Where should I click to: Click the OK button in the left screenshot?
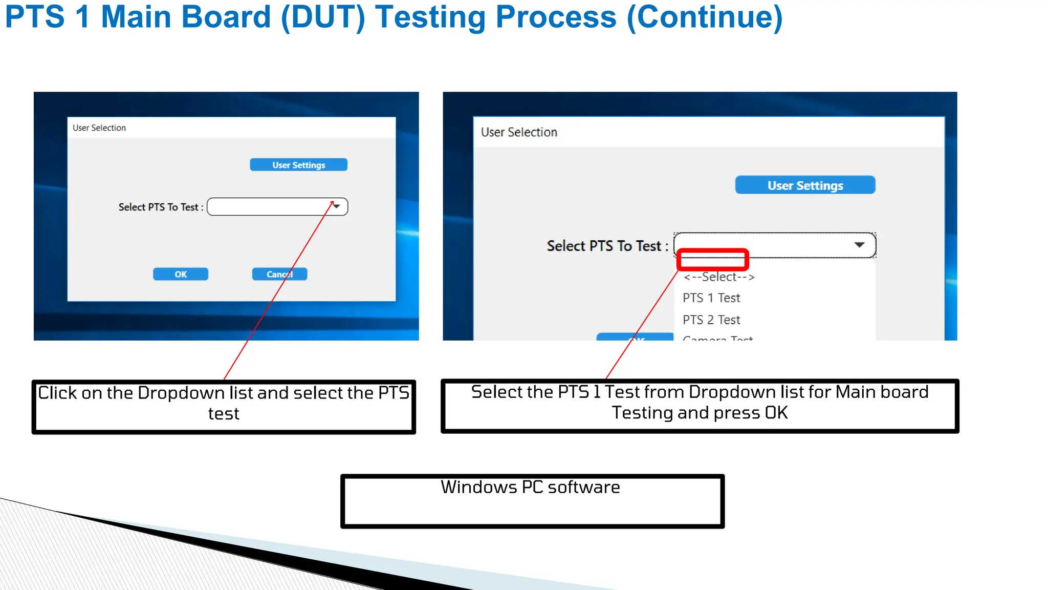point(181,274)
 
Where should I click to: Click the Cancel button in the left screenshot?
point(279,274)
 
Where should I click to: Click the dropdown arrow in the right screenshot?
point(859,245)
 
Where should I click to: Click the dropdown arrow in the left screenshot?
point(337,206)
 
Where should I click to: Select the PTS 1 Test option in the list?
point(711,298)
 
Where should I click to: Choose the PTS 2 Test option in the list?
point(711,320)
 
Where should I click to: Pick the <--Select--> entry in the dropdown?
point(719,277)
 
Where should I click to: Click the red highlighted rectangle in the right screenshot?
point(712,260)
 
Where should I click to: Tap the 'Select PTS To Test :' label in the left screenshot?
point(161,207)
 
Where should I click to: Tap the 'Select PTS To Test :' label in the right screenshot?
point(607,246)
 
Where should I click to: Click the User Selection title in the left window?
point(99,128)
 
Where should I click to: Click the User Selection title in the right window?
point(519,132)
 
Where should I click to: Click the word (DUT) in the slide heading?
point(323,17)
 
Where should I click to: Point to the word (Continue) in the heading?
point(705,17)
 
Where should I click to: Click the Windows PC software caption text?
point(530,487)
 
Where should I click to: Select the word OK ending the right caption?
point(776,413)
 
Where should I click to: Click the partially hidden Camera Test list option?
point(717,338)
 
